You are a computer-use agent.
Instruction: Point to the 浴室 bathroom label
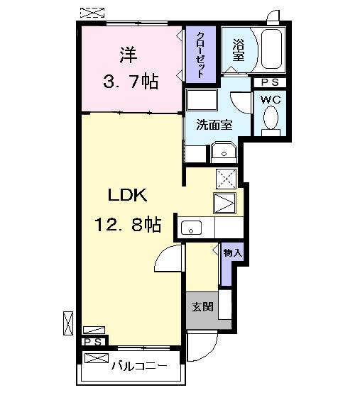238,50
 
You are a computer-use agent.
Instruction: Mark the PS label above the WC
269,82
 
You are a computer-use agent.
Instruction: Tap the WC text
270,99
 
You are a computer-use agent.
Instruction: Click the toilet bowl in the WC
269,120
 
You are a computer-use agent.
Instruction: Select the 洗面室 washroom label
214,124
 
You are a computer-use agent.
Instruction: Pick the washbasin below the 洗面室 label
225,152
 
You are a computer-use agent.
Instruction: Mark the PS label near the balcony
94,342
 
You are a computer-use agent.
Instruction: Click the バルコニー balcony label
139,366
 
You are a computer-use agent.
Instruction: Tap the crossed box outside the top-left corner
91,12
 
